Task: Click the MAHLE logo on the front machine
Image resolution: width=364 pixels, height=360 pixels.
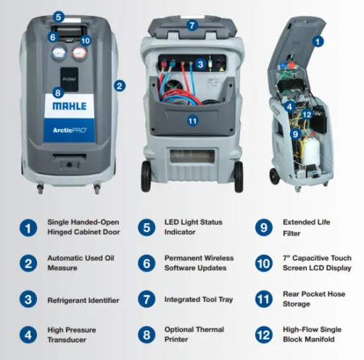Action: point(69,106)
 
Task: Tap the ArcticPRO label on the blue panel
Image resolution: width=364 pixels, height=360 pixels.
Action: point(69,130)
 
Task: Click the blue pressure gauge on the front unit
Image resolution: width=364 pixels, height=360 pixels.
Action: point(59,53)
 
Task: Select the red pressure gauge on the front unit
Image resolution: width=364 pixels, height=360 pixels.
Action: point(79,53)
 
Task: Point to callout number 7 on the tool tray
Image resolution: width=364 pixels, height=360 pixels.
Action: point(192,25)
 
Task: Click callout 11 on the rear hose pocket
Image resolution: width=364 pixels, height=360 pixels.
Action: point(193,121)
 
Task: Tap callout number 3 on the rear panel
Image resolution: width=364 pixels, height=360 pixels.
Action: point(201,64)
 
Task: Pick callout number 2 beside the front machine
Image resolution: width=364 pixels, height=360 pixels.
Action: point(120,86)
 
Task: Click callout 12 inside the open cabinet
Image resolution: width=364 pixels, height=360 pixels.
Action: point(307,114)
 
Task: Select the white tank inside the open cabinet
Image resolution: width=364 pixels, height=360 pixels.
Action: point(311,151)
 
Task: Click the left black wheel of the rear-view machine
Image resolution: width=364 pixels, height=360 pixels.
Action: point(146,176)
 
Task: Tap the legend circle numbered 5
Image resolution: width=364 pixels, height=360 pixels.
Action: point(146,228)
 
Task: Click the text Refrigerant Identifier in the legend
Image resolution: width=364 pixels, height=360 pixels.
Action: point(83,300)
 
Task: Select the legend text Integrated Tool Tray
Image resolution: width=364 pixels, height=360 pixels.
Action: point(199,300)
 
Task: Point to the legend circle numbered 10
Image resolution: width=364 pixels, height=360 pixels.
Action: point(263,263)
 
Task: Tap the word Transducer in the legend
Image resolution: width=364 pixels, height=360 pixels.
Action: point(67,339)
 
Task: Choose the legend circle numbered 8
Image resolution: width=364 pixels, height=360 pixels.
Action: point(146,335)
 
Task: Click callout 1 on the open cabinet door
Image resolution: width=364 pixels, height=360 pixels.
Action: point(318,42)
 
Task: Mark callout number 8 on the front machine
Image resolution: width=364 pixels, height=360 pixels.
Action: point(58,93)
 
